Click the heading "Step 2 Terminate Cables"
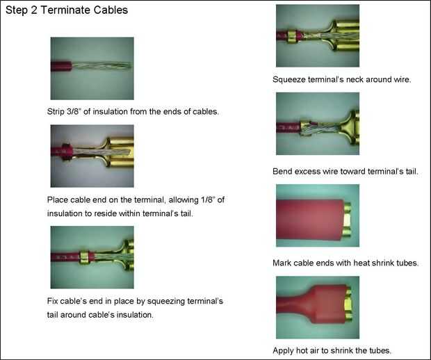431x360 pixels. (67, 10)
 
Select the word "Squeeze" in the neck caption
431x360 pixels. (289, 80)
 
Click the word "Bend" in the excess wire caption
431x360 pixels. (282, 172)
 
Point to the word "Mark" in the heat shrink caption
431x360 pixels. (282, 263)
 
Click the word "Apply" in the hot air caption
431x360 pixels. (283, 351)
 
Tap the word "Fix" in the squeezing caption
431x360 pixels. (53, 301)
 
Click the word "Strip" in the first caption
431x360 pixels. (56, 112)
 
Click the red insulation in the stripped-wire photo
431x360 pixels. (61, 67)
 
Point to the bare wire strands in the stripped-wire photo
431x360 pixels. (101, 66)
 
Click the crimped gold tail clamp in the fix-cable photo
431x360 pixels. (84, 257)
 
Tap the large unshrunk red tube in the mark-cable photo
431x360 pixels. (310, 220)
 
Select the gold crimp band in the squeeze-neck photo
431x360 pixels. (293, 36)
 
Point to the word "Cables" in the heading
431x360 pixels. (111, 10)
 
